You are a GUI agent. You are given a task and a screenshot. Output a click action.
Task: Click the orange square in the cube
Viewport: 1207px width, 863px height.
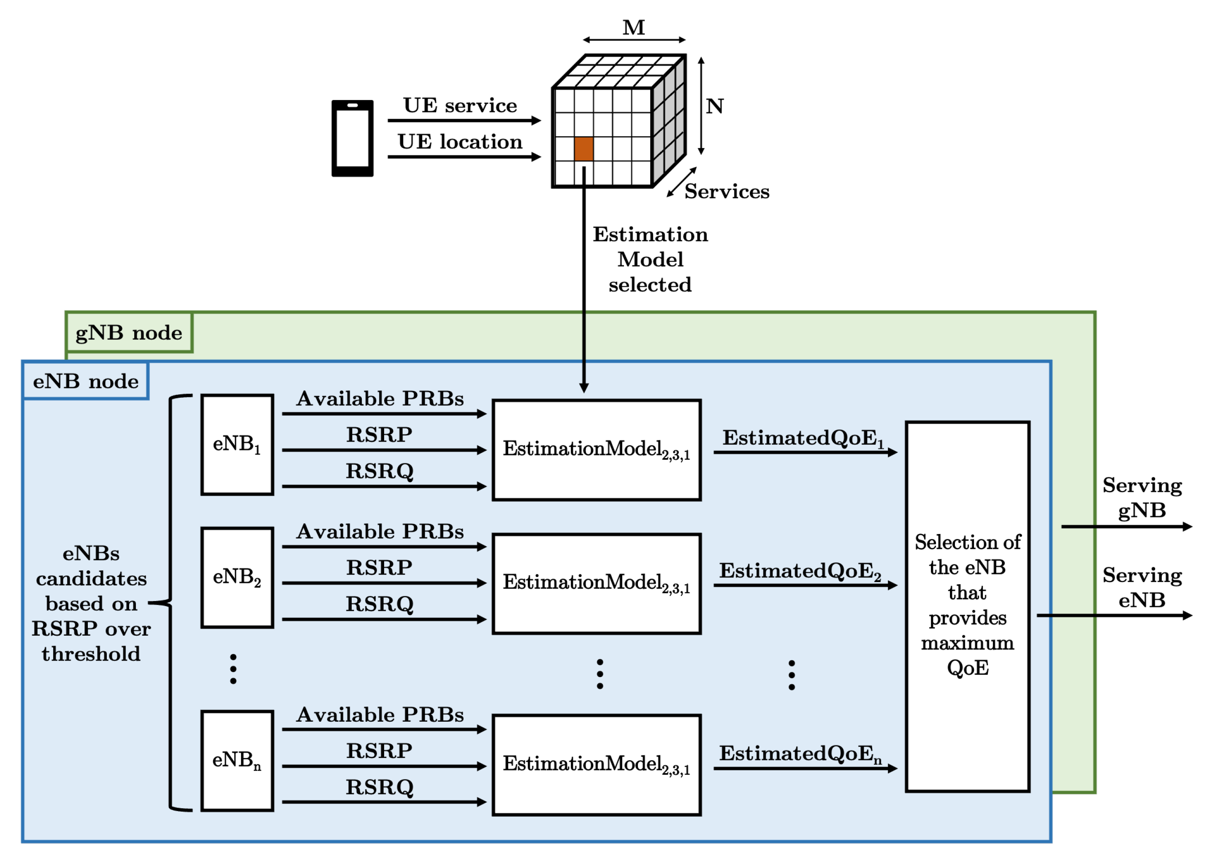(583, 149)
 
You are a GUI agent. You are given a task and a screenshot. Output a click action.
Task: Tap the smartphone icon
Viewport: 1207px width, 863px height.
(352, 138)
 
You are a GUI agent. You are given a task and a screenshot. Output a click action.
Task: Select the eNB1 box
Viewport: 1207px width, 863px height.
(237, 444)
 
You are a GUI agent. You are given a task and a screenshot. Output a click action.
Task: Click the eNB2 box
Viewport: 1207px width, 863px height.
(237, 577)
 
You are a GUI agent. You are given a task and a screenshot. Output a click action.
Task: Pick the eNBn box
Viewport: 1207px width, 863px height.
(237, 761)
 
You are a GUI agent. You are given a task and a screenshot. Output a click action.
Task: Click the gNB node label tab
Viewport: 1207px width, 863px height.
(129, 333)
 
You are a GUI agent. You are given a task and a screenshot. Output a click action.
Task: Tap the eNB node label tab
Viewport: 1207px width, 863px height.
(86, 381)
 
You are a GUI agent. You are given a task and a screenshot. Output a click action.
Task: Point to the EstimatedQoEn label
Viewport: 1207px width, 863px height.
(800, 753)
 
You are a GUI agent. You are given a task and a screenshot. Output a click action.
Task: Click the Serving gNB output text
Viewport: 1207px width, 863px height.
(1142, 497)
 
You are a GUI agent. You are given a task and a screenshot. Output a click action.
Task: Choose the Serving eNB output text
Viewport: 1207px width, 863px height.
(1142, 587)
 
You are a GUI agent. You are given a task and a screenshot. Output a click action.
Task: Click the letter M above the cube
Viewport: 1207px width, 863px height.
(634, 28)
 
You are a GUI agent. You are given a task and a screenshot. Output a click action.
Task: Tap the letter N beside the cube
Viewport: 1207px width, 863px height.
(715, 106)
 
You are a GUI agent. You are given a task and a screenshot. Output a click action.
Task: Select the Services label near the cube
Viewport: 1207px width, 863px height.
(726, 191)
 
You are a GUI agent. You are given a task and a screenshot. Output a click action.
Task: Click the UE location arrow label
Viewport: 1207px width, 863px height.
(460, 142)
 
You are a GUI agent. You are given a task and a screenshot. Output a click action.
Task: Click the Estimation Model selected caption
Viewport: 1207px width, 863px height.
(650, 259)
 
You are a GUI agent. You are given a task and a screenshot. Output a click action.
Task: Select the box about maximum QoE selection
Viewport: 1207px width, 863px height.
(967, 606)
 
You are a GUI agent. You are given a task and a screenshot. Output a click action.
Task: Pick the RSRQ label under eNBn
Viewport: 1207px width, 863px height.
(379, 787)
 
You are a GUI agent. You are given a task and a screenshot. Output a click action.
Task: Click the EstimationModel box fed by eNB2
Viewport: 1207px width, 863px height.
(596, 583)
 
